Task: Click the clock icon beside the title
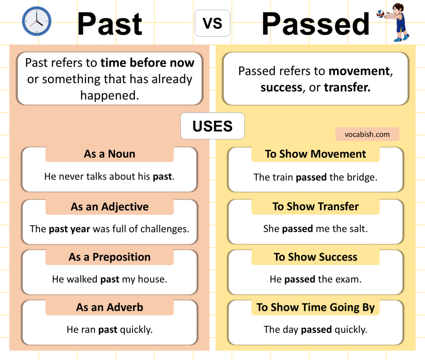coord(37,21)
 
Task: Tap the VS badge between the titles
coord(212,23)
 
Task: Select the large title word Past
coord(110,24)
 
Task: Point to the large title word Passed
coord(315,24)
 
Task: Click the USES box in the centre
coord(212,126)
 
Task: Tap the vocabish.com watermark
coord(367,134)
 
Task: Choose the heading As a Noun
coord(110,154)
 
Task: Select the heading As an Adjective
coord(110,207)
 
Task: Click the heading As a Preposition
coord(110,257)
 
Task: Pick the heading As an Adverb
coord(110,307)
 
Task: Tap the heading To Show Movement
coord(315,154)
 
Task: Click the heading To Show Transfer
coord(315,207)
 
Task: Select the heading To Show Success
coord(315,257)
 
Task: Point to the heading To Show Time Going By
coord(315,307)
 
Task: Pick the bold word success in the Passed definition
coord(281,87)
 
